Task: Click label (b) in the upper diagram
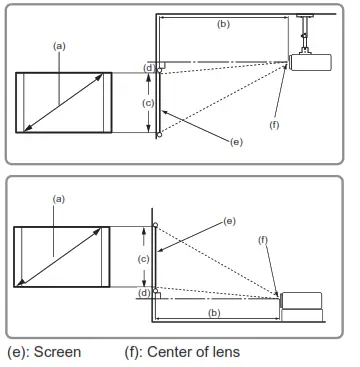point(223,21)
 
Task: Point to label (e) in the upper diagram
point(235,142)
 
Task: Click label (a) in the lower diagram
point(58,199)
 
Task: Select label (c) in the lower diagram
point(143,258)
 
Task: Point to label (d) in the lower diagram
point(143,293)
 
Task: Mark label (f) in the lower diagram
point(263,240)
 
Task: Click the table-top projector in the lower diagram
point(301,299)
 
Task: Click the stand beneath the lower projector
point(301,316)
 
